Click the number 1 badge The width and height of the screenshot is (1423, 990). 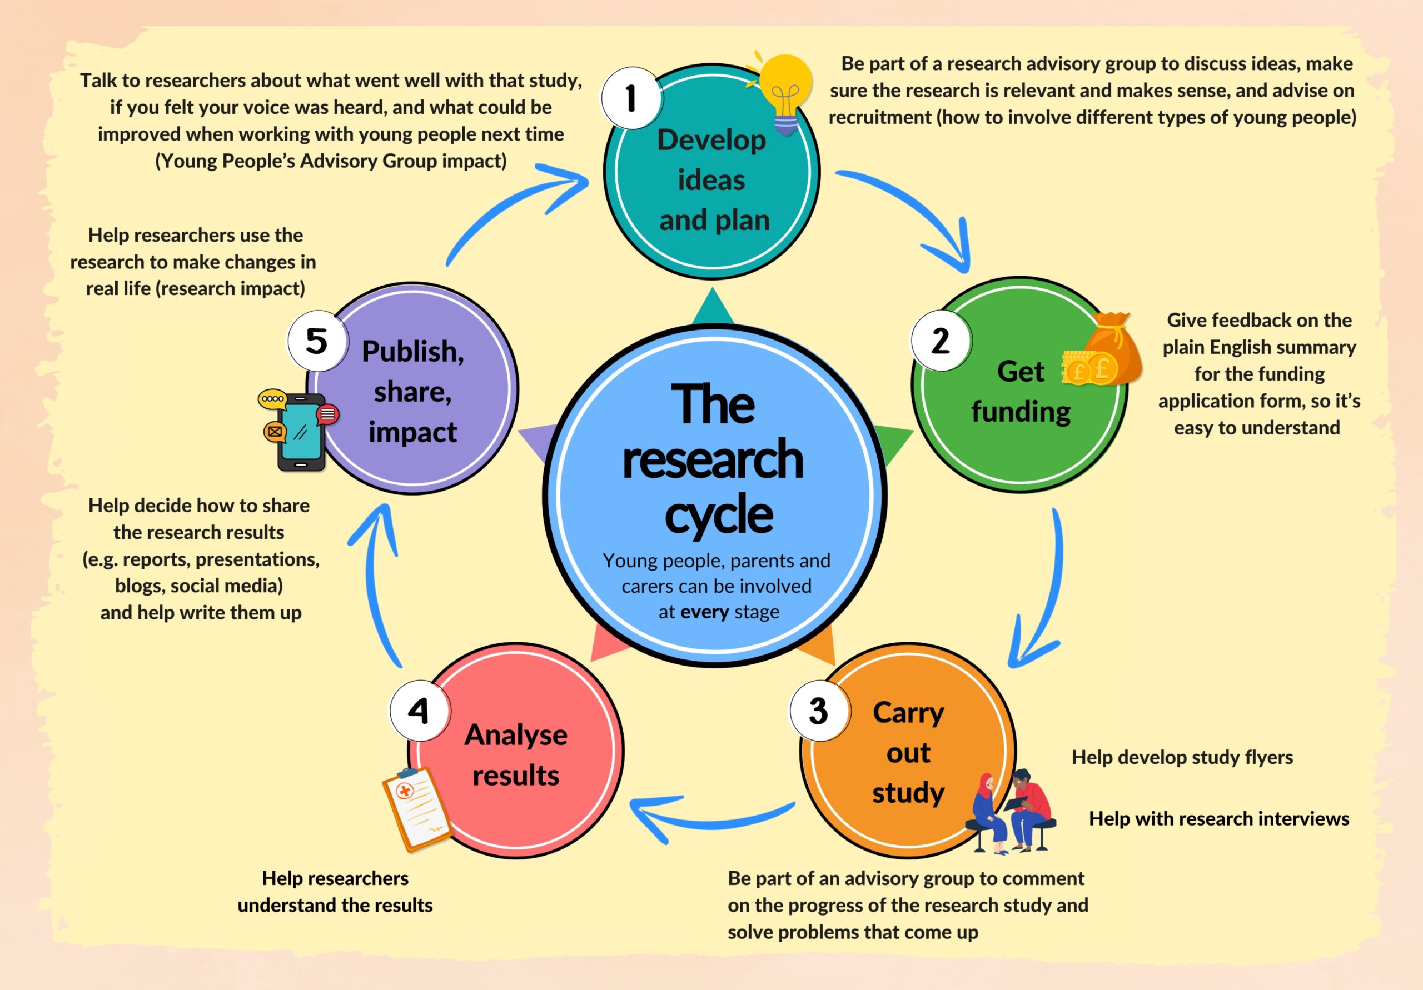pyautogui.click(x=631, y=98)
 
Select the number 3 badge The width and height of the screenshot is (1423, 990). pyautogui.click(x=819, y=711)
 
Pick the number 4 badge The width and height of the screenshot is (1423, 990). pyautogui.click(x=419, y=711)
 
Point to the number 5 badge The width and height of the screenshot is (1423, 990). pyautogui.click(x=317, y=341)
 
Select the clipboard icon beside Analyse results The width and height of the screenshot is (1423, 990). pyautogui.click(x=415, y=808)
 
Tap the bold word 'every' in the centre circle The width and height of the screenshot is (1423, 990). pyautogui.click(x=704, y=612)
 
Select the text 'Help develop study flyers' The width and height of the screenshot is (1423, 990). pyautogui.click(x=1182, y=757)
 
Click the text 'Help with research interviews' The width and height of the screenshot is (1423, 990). pyautogui.click(x=1218, y=818)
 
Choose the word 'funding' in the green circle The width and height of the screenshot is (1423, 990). pyautogui.click(x=1021, y=411)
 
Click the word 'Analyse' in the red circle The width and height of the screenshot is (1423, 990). pyautogui.click(x=516, y=736)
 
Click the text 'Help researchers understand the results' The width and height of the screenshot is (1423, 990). pyautogui.click(x=335, y=892)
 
